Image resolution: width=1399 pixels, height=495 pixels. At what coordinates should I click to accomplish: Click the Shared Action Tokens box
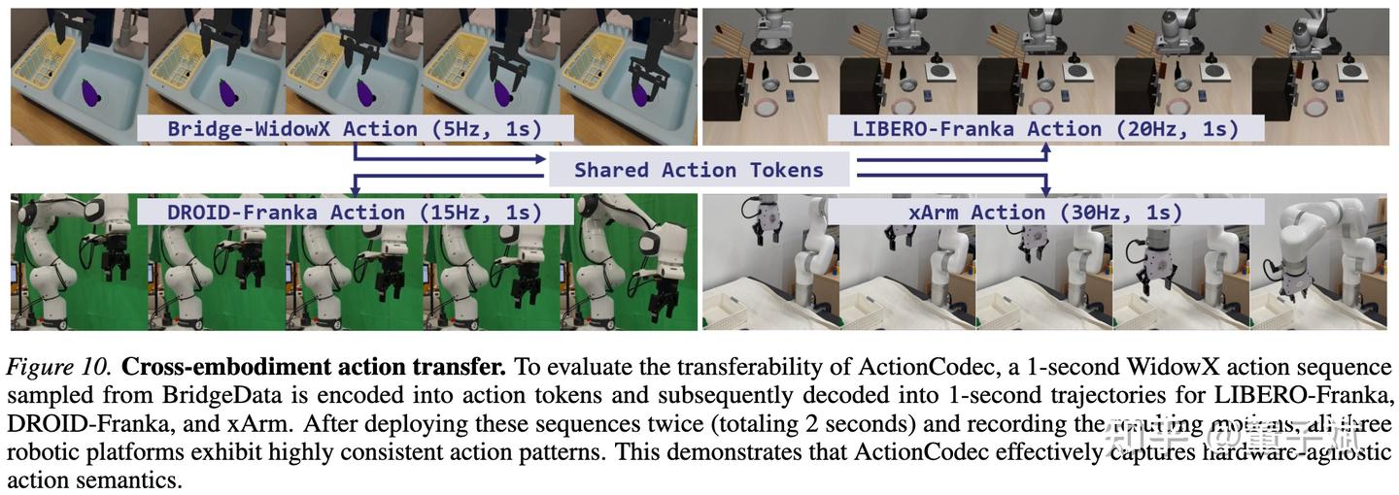[x=699, y=170]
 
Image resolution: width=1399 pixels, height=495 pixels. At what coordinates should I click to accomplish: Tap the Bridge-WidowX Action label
[x=355, y=128]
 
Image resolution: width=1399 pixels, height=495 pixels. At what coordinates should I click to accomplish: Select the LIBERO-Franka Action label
[x=1045, y=128]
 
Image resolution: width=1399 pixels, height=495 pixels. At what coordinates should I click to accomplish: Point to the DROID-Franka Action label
[x=340, y=212]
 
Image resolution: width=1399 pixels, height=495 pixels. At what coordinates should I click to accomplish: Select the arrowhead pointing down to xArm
[x=1045, y=192]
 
